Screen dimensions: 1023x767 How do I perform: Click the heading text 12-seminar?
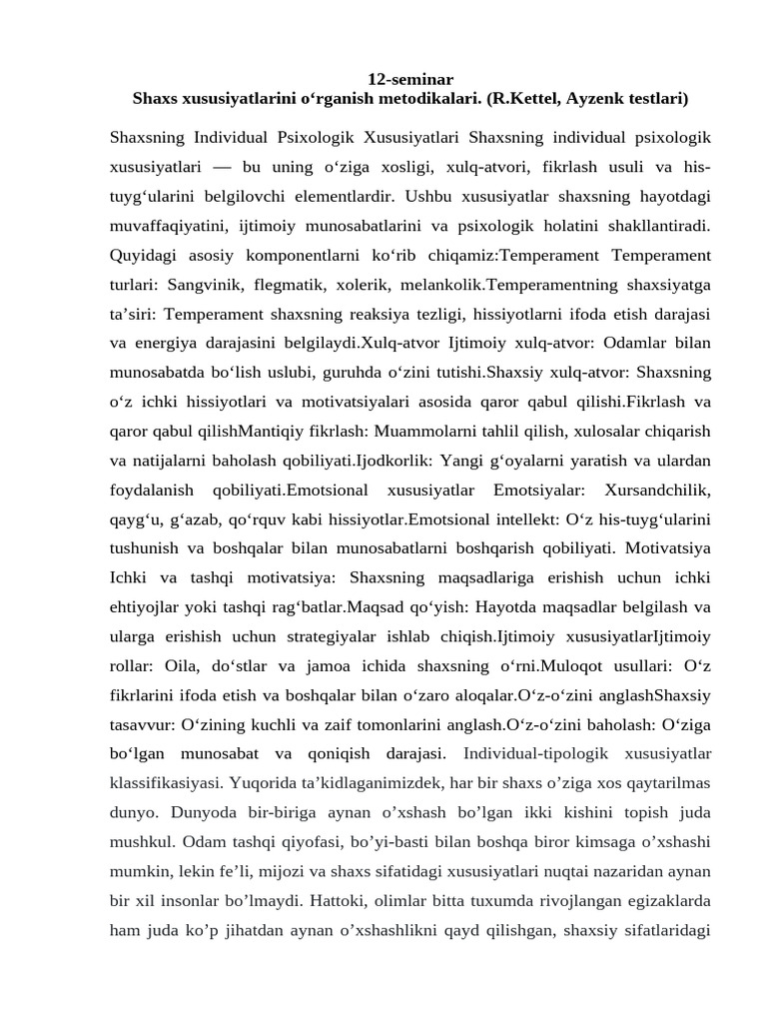click(410, 79)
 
